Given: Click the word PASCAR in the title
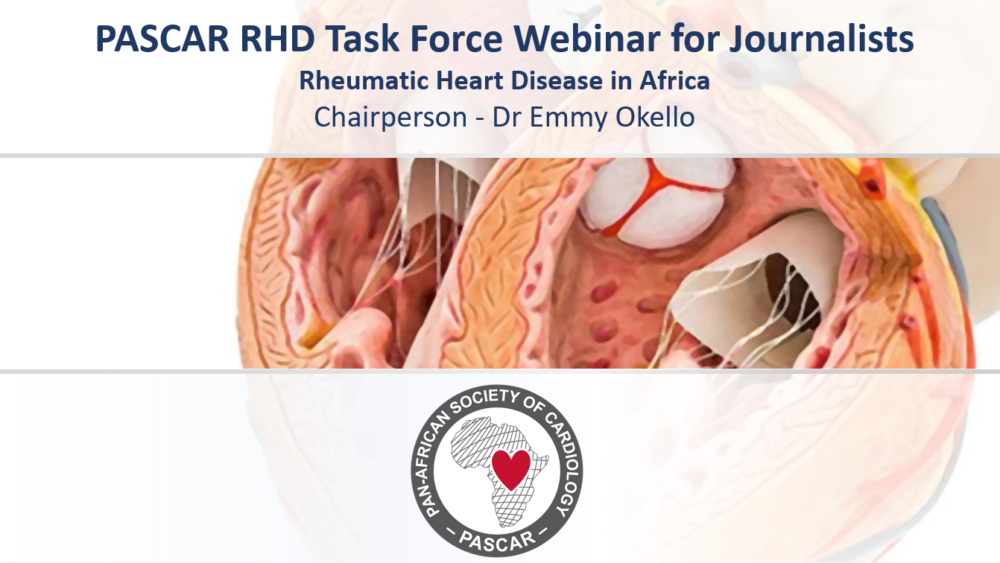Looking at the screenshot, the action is [x=162, y=39].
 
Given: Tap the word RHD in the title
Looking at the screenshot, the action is [x=278, y=39].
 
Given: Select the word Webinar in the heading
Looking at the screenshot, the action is [x=586, y=39].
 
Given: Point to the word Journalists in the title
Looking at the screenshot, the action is [x=821, y=39].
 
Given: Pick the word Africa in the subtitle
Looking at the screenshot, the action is [x=674, y=80].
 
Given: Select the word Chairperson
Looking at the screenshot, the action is [x=390, y=118].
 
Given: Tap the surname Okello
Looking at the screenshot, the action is [x=655, y=117].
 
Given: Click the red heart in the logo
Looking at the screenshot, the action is [x=510, y=468].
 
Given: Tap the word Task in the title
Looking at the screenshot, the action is [x=361, y=39].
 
